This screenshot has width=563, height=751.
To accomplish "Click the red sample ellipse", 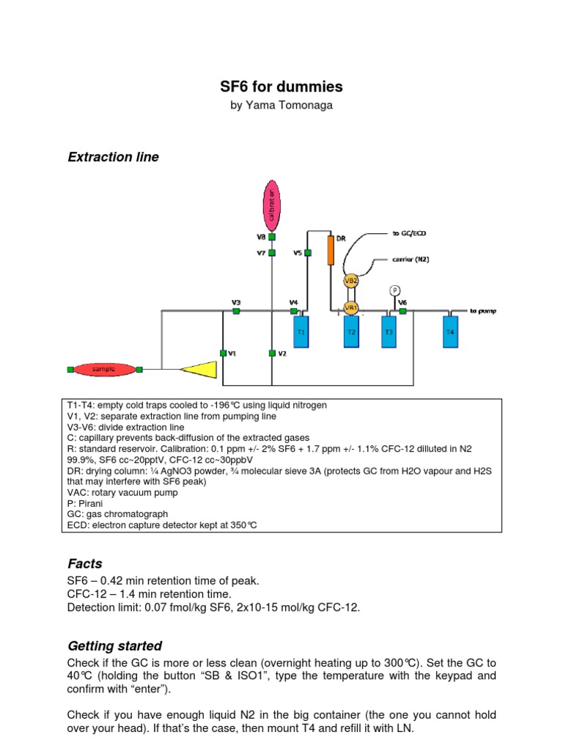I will click(x=103, y=370).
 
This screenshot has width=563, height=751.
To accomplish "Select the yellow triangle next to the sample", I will click(x=200, y=370).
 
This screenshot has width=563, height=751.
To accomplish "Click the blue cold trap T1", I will click(x=301, y=331).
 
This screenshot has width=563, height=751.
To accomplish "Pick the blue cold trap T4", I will click(x=451, y=331).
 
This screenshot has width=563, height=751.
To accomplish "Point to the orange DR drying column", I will click(x=331, y=251).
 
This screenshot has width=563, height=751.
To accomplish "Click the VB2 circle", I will click(x=351, y=280).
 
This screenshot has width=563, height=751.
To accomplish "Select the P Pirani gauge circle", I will click(x=395, y=290).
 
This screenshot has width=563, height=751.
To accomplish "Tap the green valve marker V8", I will click(x=272, y=237).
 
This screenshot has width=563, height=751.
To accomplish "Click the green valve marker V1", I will click(x=223, y=353).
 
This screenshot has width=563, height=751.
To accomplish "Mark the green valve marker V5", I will click(x=308, y=253).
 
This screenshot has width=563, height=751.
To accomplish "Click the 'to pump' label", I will click(x=483, y=311).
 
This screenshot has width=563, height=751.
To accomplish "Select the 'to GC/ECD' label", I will click(x=409, y=232).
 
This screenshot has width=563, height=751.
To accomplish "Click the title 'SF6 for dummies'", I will click(x=281, y=87).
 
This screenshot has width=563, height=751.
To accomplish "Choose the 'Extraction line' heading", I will click(x=113, y=157).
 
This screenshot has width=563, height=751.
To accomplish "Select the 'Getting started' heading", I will click(x=114, y=646).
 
